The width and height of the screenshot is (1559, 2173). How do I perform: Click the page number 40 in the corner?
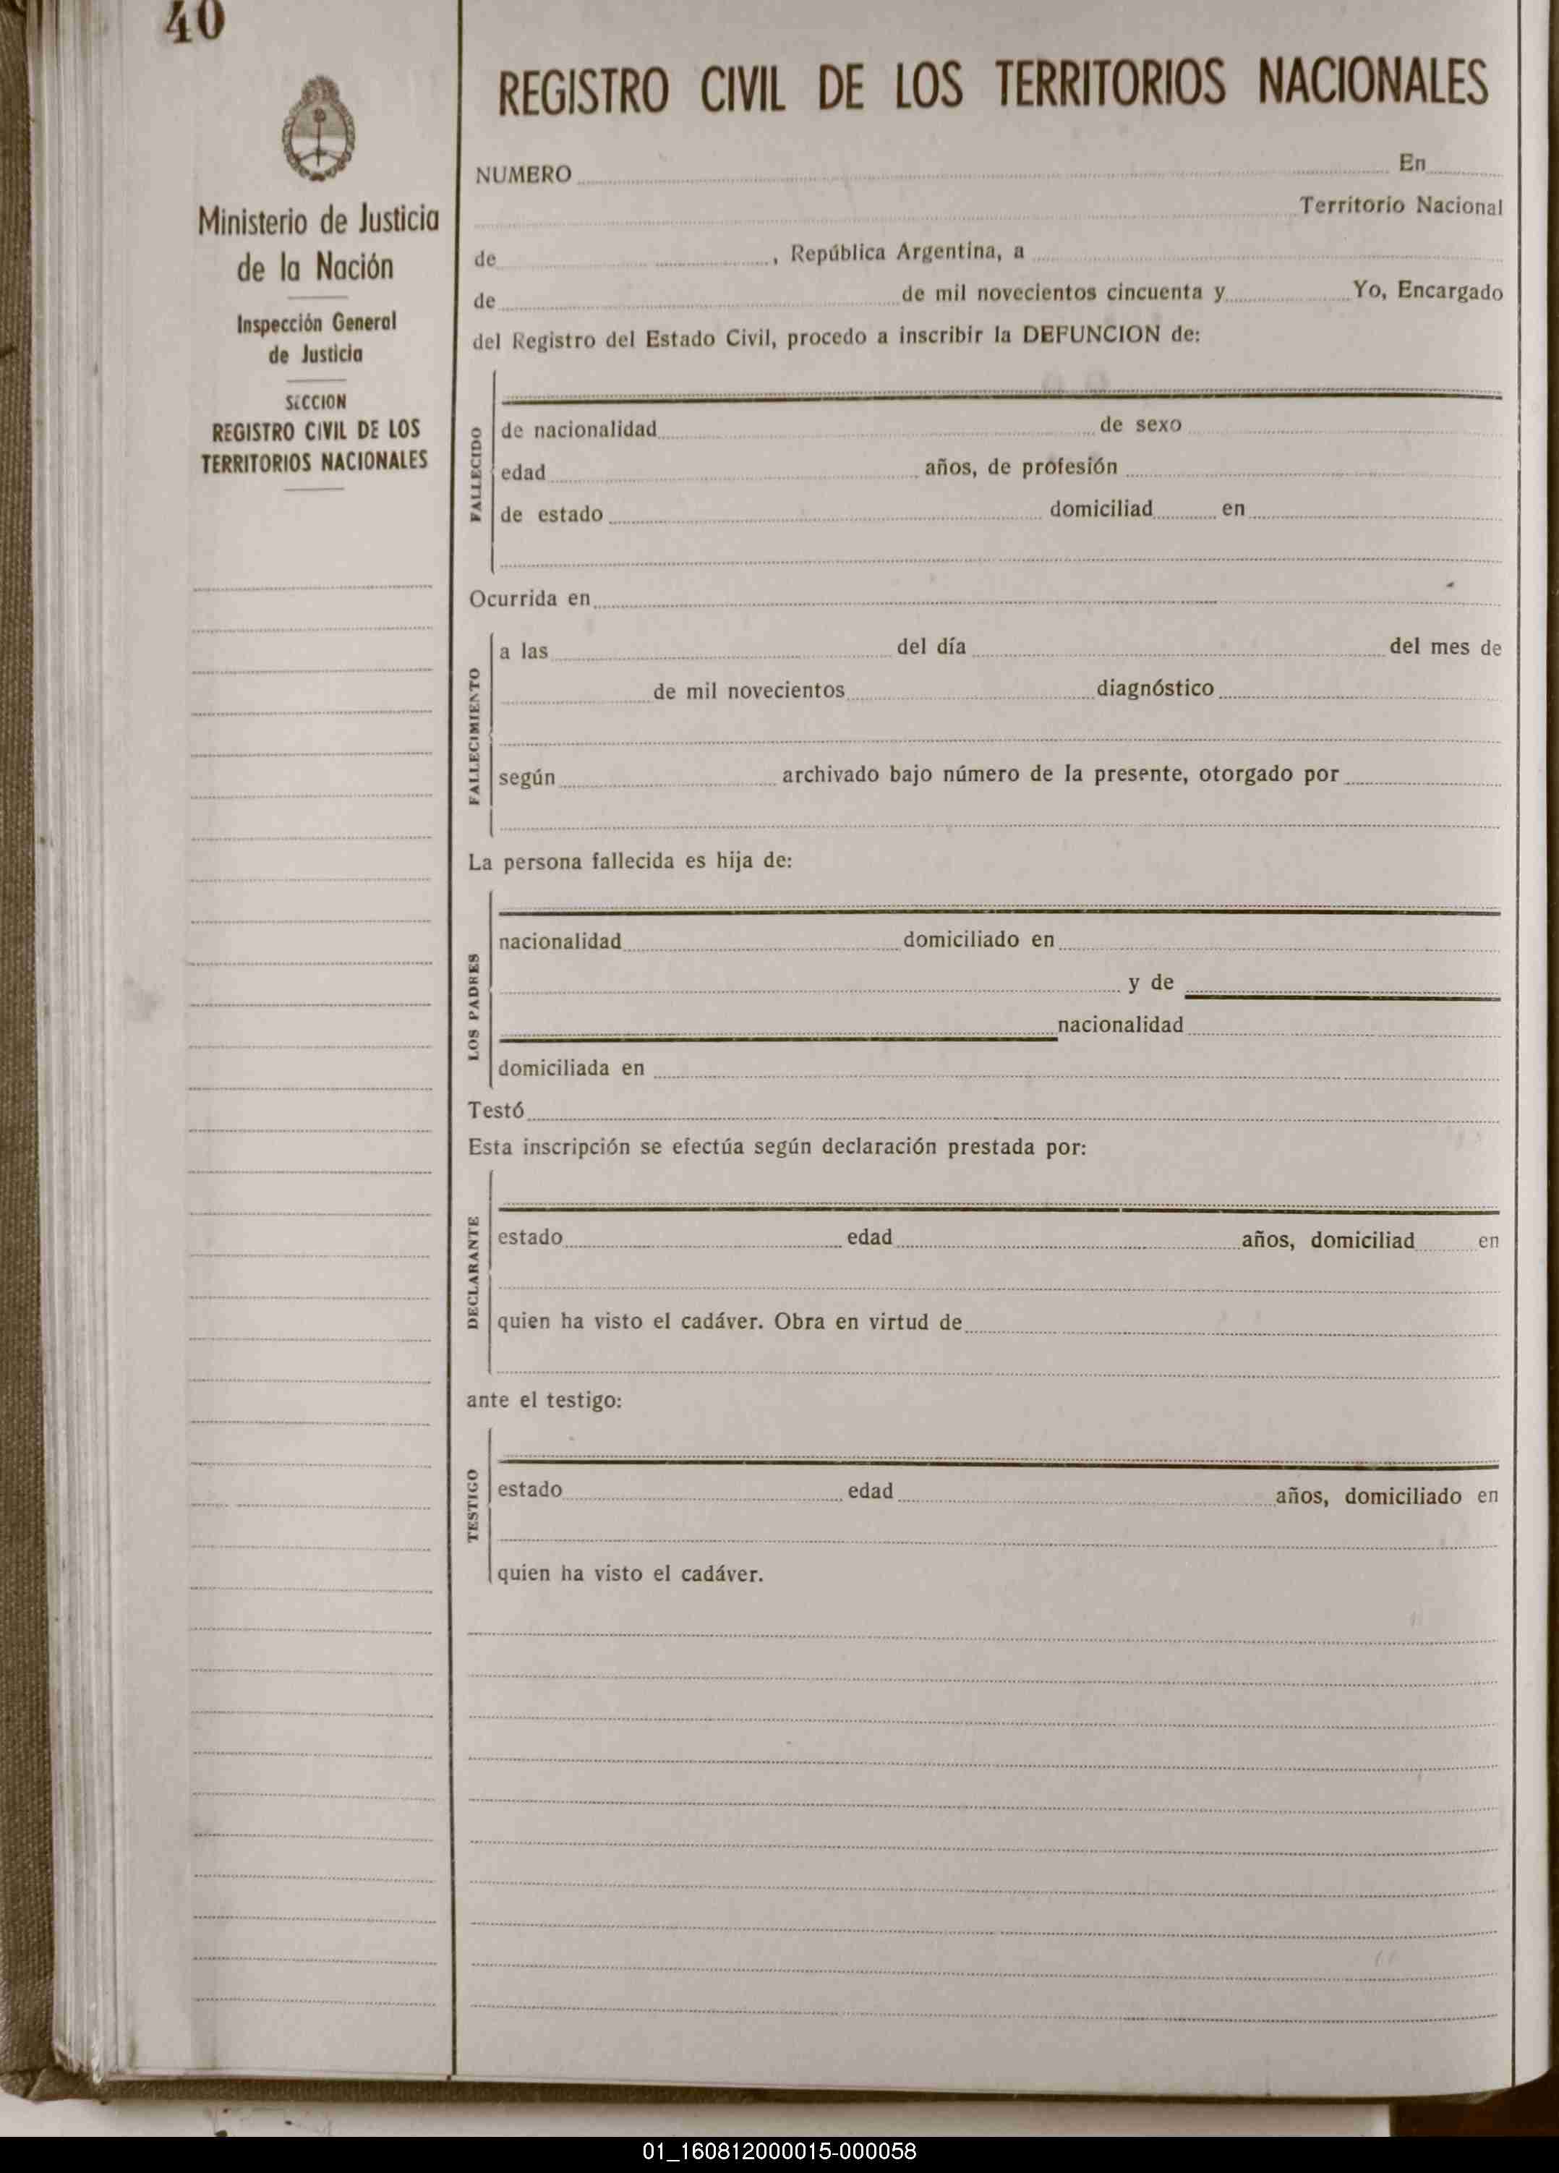195,22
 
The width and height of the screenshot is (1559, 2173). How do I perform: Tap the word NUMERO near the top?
524,174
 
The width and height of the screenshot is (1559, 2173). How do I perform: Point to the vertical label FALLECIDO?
475,474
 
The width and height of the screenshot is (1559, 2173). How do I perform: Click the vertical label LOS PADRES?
474,1007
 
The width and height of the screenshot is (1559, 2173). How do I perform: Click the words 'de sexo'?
1140,424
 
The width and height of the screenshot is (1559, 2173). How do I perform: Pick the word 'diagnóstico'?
1155,688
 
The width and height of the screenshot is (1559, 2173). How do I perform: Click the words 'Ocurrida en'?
529,599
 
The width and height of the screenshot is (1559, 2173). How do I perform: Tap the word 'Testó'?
495,1111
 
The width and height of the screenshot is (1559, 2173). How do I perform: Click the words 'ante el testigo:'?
544,1400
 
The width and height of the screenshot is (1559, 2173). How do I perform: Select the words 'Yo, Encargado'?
1427,290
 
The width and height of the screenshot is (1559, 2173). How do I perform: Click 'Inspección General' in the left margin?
316,323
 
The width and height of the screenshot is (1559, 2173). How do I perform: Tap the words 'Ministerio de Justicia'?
318,221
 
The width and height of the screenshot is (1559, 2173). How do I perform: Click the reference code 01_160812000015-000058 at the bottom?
779,2152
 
